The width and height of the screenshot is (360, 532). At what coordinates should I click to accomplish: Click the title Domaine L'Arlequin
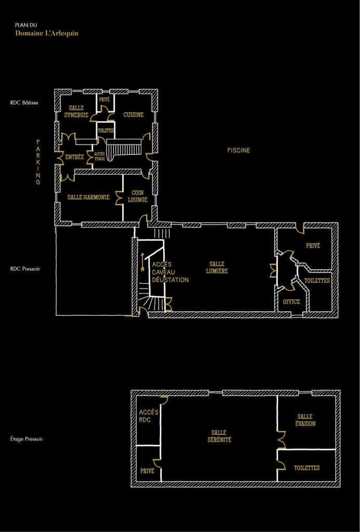click(47, 34)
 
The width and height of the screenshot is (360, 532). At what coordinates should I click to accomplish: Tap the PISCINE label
click(238, 150)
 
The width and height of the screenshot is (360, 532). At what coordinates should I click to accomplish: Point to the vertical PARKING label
click(38, 162)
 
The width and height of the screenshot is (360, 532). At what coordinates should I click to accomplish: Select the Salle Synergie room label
click(76, 111)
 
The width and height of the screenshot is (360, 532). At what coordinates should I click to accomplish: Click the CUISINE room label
click(134, 115)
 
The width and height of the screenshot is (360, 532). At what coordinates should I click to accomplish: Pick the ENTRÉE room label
click(74, 157)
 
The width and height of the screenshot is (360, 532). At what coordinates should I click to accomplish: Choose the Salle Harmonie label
click(88, 197)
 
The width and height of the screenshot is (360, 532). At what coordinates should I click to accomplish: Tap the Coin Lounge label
click(138, 196)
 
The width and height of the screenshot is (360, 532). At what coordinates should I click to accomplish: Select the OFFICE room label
click(291, 302)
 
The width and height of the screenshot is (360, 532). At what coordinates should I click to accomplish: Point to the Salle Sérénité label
click(219, 436)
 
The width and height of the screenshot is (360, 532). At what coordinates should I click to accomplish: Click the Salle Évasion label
click(305, 420)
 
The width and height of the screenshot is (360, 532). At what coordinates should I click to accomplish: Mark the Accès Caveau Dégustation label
click(170, 272)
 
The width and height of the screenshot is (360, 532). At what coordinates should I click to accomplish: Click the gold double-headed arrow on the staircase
click(143, 262)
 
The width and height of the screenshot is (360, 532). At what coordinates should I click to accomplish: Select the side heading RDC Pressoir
click(25, 269)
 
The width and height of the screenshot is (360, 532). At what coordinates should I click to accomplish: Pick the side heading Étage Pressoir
click(26, 438)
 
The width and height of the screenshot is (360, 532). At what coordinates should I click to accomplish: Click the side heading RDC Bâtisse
click(24, 102)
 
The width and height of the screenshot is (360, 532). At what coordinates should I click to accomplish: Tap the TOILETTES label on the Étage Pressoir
click(306, 468)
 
